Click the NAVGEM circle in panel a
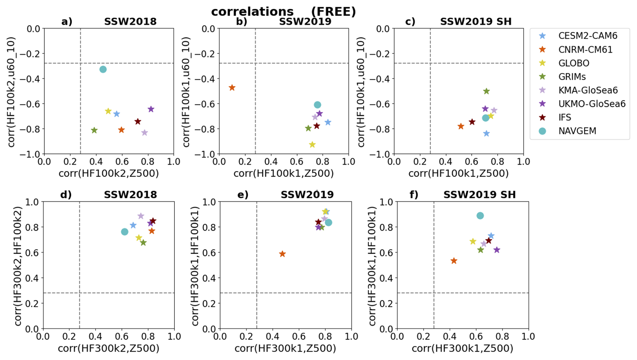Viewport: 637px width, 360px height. coord(103,69)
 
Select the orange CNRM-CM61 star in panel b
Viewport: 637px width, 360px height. coord(232,88)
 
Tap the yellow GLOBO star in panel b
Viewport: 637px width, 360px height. coord(312,145)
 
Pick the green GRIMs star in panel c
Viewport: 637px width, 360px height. coord(486,91)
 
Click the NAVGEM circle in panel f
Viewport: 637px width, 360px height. coord(480,216)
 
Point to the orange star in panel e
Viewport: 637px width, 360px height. coord(282,254)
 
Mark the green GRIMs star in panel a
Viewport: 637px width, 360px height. coord(94,130)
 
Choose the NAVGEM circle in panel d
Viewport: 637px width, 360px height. coord(125,232)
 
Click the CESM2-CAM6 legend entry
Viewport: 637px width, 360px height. coord(588,36)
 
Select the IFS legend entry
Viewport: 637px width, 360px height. coord(565,117)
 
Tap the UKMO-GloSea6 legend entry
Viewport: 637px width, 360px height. coord(592,104)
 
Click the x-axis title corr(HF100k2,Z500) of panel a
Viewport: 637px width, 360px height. coord(109,173)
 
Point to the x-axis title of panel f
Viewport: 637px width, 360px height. coord(462,348)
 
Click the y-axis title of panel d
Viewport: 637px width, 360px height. coord(19,266)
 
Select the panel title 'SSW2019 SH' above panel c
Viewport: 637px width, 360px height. coord(476,22)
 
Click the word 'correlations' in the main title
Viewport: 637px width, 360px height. coord(253,12)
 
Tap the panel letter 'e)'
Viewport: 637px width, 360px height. coord(243,194)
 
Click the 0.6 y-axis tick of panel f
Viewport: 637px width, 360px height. coord(387,253)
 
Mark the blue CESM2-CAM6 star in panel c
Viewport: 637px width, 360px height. coord(486,134)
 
